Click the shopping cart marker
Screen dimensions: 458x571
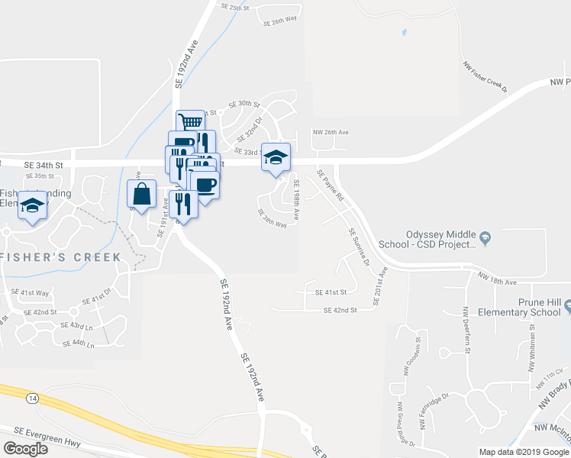(x=191, y=122)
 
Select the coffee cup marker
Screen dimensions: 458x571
(x=205, y=184)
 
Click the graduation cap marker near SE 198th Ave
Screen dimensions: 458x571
(x=276, y=157)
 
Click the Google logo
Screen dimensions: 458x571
(x=25, y=449)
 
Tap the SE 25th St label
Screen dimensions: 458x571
(x=235, y=7)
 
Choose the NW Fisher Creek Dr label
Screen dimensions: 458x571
(x=486, y=76)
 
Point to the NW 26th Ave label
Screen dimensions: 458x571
(x=330, y=132)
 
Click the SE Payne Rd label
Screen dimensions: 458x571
(x=331, y=186)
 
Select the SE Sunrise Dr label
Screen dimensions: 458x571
(x=359, y=247)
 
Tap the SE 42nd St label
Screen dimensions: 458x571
(x=340, y=311)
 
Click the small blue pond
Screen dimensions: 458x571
(x=404, y=34)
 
